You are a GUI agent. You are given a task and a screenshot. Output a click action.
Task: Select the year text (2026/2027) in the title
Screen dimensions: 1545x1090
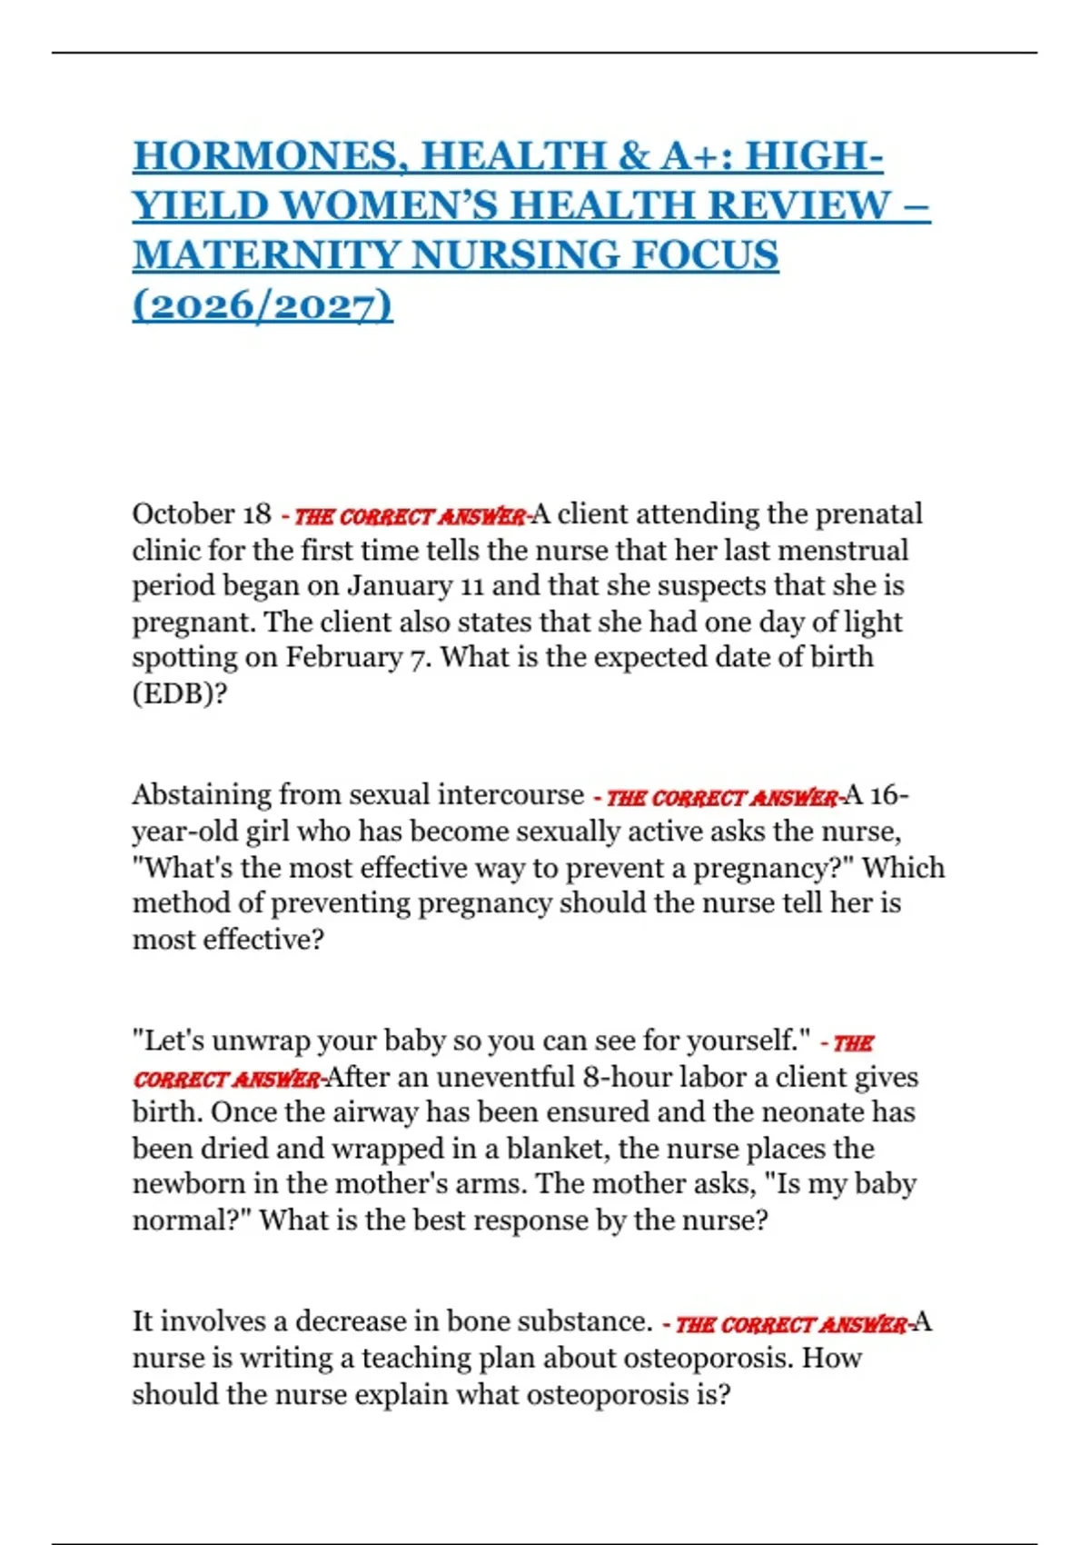click(x=263, y=305)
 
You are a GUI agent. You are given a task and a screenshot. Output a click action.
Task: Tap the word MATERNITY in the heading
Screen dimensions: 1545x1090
click(x=265, y=255)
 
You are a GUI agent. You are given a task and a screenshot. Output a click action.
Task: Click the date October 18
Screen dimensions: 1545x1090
click(x=202, y=514)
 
